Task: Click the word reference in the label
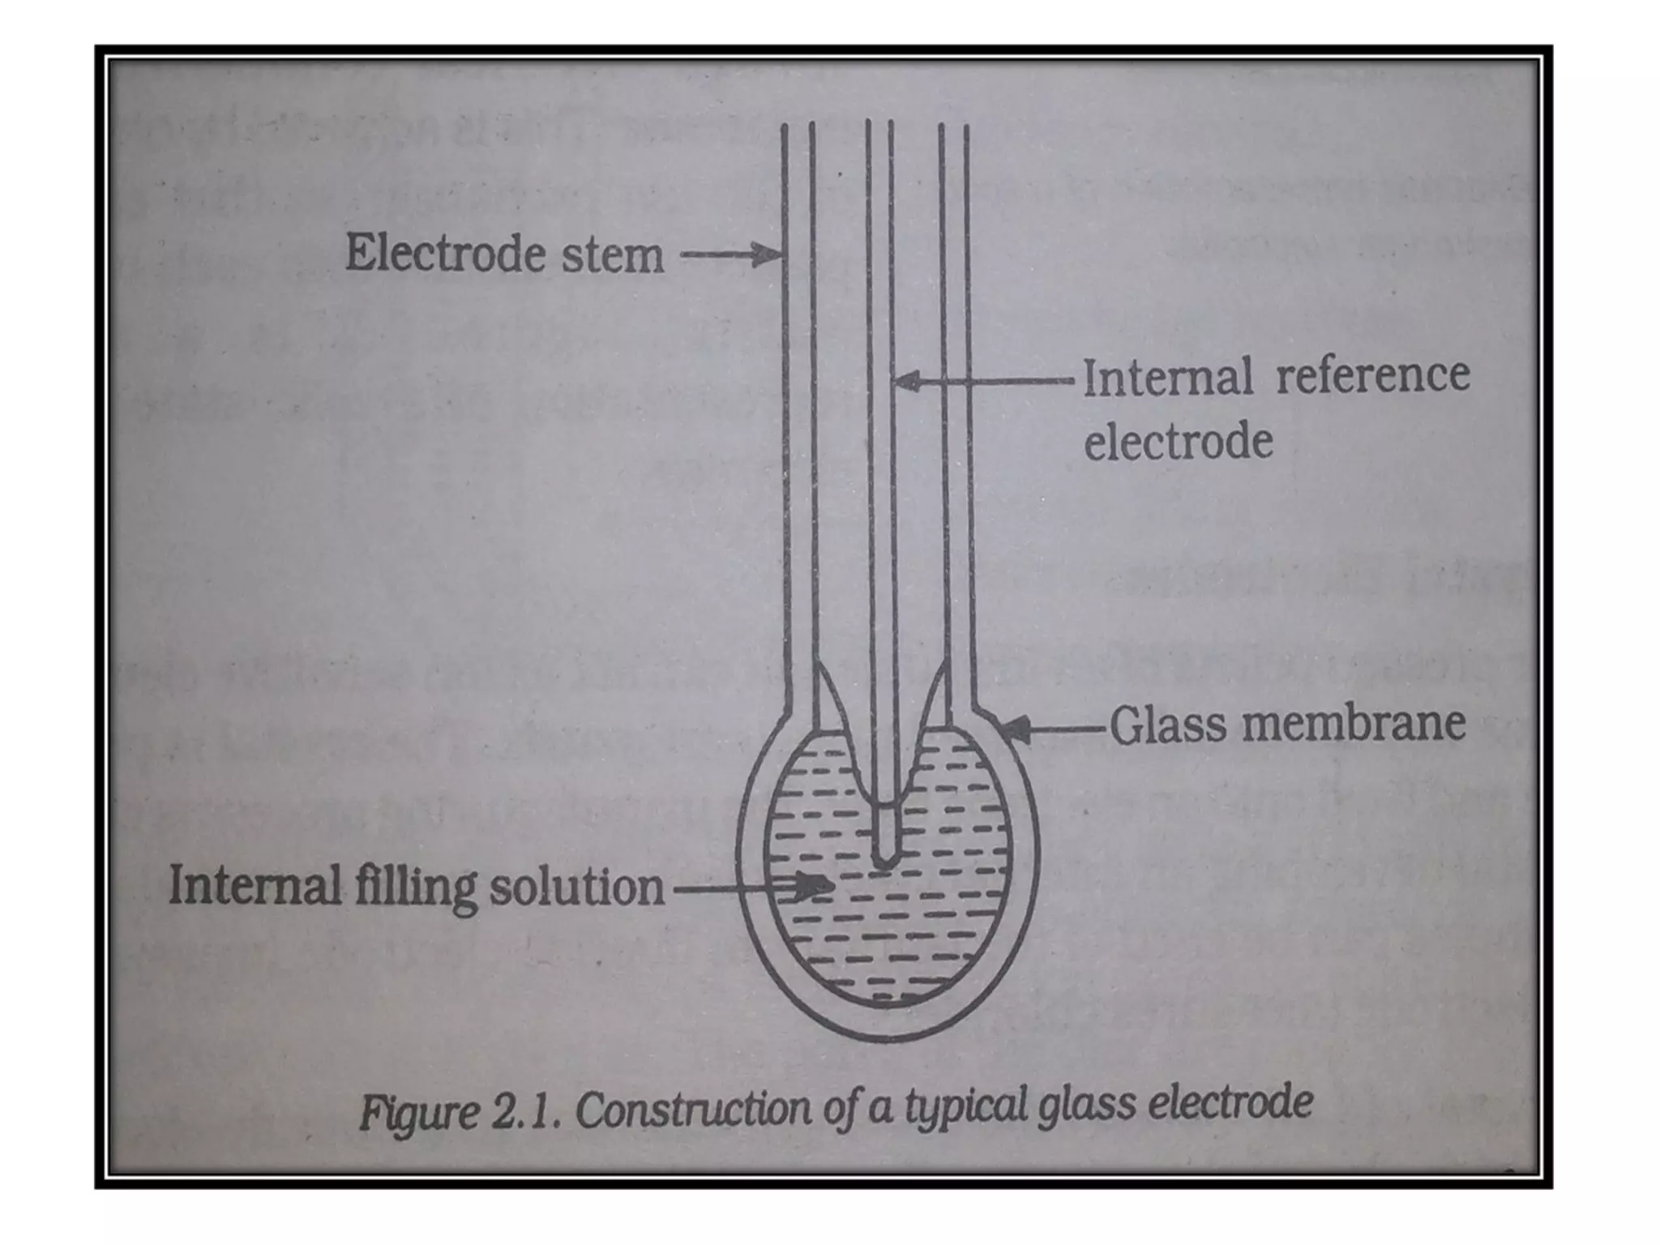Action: [x=1372, y=374]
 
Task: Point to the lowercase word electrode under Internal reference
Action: [x=1179, y=443]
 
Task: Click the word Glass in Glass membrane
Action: [x=1169, y=724]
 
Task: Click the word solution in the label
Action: [x=576, y=887]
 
